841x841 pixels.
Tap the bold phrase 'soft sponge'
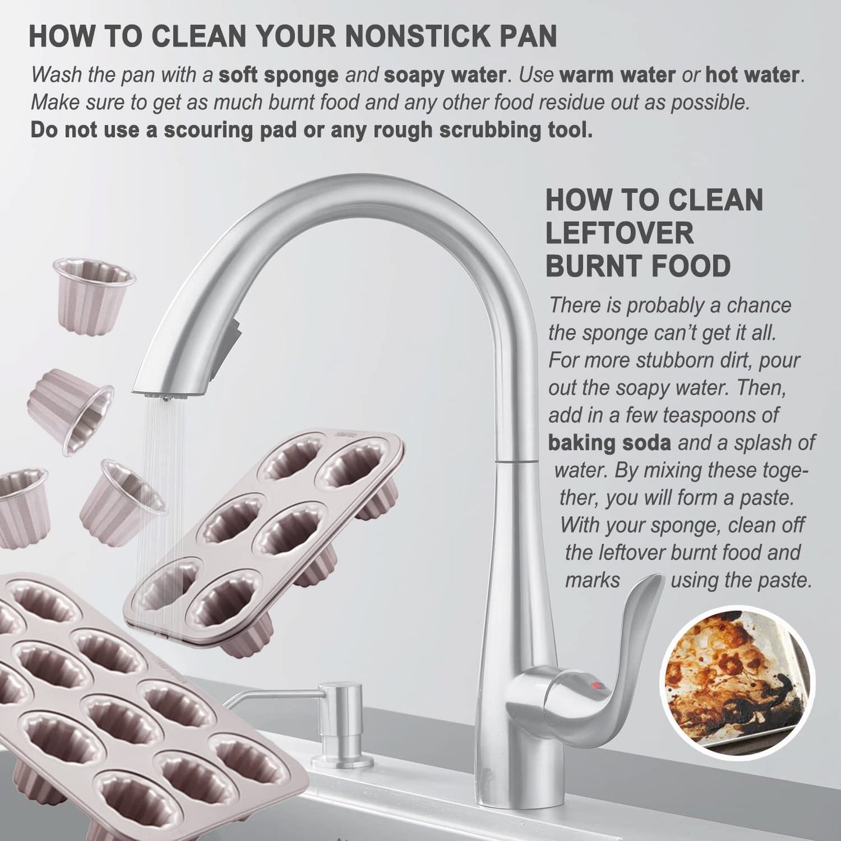click(x=278, y=75)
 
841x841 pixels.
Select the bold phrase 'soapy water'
click(x=444, y=75)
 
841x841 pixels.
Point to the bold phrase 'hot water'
click(x=753, y=75)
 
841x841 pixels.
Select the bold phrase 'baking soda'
click(x=610, y=442)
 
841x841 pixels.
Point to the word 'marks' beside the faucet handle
click(x=592, y=580)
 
